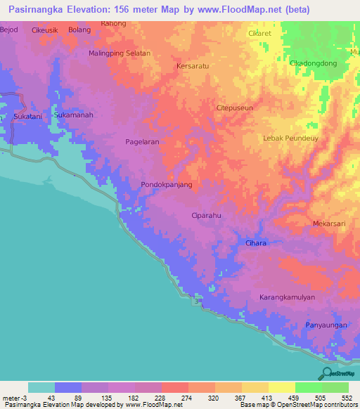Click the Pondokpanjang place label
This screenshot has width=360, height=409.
pos(167,185)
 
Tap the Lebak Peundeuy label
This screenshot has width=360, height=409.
pos(290,138)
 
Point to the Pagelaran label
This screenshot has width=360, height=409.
pos(142,142)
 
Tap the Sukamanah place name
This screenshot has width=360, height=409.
pos(73,115)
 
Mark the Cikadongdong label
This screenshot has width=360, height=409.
pos(313,63)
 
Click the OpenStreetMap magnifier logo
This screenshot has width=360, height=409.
pos(327,373)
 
